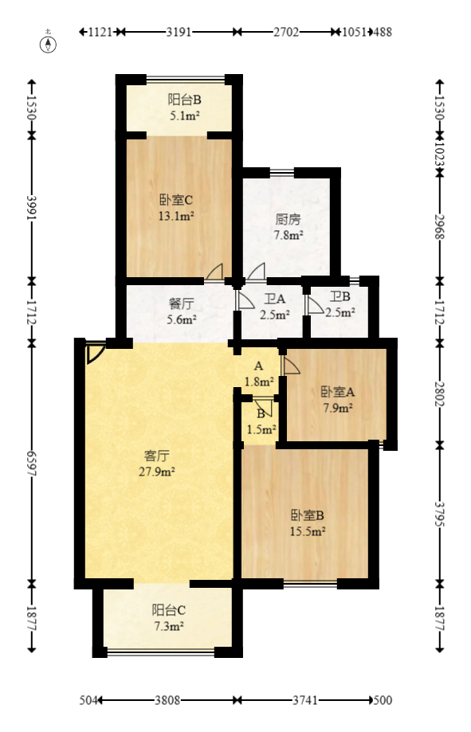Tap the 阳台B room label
click(x=184, y=100)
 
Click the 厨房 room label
click(x=288, y=219)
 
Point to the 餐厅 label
click(x=182, y=303)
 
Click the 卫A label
click(x=275, y=299)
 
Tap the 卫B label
click(x=341, y=299)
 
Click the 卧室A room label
click(x=338, y=392)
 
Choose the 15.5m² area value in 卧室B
click(x=307, y=531)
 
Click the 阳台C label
click(x=169, y=611)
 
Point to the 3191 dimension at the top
click(x=179, y=33)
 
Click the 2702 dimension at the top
click(x=285, y=33)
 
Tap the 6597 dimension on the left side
click(x=32, y=463)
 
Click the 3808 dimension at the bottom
click(x=167, y=701)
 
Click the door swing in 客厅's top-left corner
click(x=94, y=352)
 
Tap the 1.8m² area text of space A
click(x=259, y=382)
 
